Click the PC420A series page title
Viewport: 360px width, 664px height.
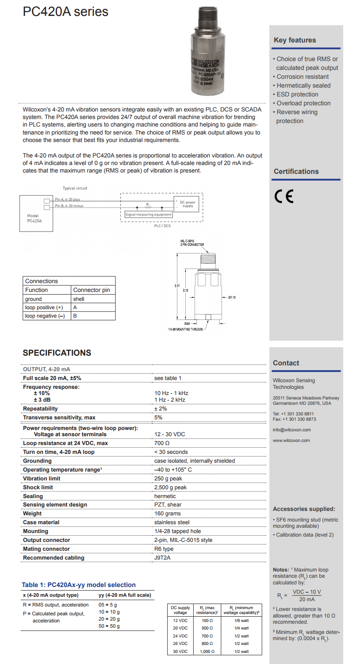65,12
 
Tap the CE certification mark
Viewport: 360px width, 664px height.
283,196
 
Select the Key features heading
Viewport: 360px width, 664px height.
295,40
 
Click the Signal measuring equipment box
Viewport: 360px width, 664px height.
149,215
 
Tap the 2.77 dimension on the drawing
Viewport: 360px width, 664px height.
177,286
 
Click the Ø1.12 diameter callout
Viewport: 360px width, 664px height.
232,297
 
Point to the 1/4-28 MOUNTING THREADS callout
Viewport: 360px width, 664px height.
186,330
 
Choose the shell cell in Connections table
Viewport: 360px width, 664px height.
79,299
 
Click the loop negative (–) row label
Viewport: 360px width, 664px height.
45,316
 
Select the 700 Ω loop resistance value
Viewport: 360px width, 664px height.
162,443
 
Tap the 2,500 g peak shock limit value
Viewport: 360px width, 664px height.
170,487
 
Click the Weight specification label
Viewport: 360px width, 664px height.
32,514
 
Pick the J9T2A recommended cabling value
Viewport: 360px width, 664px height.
162,558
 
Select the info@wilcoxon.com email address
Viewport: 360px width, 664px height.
292,430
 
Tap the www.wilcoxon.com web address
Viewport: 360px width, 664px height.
291,440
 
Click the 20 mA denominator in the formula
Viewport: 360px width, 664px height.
307,599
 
